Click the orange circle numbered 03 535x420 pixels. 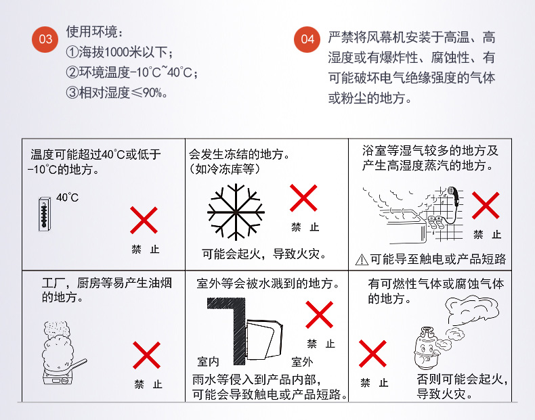[45, 39]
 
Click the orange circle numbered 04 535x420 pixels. [307, 39]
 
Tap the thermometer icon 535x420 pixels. [44, 214]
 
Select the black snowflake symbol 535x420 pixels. [236, 212]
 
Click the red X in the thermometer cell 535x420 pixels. [144, 220]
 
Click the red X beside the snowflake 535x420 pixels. [303, 198]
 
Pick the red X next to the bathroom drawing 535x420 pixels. [486, 206]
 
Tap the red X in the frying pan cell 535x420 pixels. [146, 355]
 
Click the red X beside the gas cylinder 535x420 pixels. [372, 354]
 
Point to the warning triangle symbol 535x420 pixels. [362, 260]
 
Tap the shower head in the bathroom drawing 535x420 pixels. [453, 195]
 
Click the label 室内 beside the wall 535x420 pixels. [208, 361]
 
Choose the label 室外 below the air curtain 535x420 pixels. [302, 362]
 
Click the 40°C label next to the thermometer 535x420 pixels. [68, 197]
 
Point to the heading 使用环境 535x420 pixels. [92, 32]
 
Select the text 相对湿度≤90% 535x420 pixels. [121, 92]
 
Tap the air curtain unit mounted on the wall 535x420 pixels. [263, 339]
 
